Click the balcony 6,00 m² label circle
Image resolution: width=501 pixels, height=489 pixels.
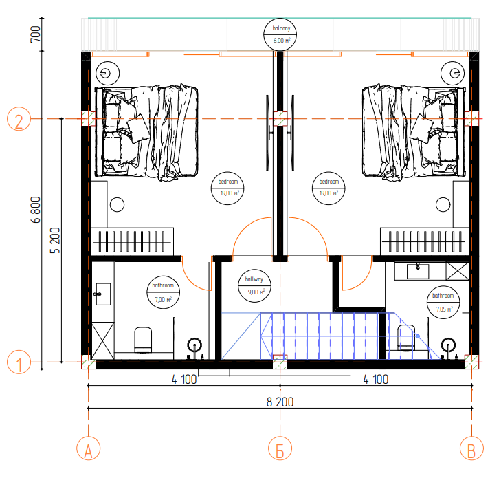(280, 34)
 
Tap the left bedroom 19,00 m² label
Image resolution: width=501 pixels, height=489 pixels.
(227, 188)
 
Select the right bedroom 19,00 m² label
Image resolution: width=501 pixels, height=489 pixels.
(329, 188)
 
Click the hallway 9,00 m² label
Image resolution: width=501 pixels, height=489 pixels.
(254, 285)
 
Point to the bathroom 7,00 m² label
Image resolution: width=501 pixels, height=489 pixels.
(164, 292)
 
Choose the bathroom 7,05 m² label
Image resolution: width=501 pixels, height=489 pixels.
(443, 302)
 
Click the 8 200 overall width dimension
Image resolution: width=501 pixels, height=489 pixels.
(280, 402)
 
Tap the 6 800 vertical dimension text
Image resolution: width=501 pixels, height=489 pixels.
(36, 210)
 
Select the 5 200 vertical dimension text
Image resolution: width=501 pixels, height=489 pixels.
(55, 240)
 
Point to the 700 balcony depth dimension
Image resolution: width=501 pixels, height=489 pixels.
(36, 34)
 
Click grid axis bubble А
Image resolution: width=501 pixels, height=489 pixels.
(89, 448)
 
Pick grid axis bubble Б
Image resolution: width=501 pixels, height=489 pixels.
(280, 448)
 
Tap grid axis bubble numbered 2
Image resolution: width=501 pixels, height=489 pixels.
(19, 119)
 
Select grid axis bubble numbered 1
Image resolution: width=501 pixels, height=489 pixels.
(19, 362)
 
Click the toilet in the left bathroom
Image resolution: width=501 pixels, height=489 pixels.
(143, 340)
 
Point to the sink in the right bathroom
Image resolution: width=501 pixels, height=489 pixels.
(418, 271)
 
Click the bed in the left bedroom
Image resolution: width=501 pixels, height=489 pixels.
(146, 132)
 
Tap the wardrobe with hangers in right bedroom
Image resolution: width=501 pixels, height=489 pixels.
(425, 241)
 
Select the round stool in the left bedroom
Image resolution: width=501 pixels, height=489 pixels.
(118, 204)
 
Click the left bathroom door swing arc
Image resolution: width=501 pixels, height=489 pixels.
(192, 280)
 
